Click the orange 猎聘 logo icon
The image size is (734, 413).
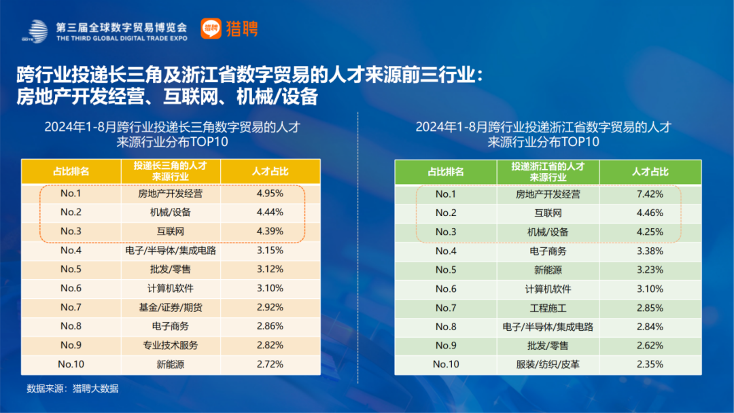coord(211,28)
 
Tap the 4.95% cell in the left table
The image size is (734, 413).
coord(270,194)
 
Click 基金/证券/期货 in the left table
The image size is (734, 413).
coord(171,307)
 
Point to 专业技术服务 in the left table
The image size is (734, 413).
coord(171,345)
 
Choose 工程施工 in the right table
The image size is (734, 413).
coord(548,308)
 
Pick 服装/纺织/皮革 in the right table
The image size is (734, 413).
coord(548,364)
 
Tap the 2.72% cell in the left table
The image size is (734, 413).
coord(270,364)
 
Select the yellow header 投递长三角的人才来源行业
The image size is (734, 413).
coord(171,171)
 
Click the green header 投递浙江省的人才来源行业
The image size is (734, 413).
coord(548,171)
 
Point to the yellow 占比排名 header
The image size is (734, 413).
coord(71,171)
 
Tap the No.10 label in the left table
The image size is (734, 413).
coord(71,364)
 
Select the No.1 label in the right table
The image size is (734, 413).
coord(446,194)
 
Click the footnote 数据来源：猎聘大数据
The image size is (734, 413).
coord(73,389)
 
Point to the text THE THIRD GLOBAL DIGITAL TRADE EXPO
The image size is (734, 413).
coord(121,39)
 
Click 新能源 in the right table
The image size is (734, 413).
coord(548,270)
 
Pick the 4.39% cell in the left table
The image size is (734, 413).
coord(270,231)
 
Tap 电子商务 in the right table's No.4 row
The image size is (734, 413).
coord(548,251)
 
